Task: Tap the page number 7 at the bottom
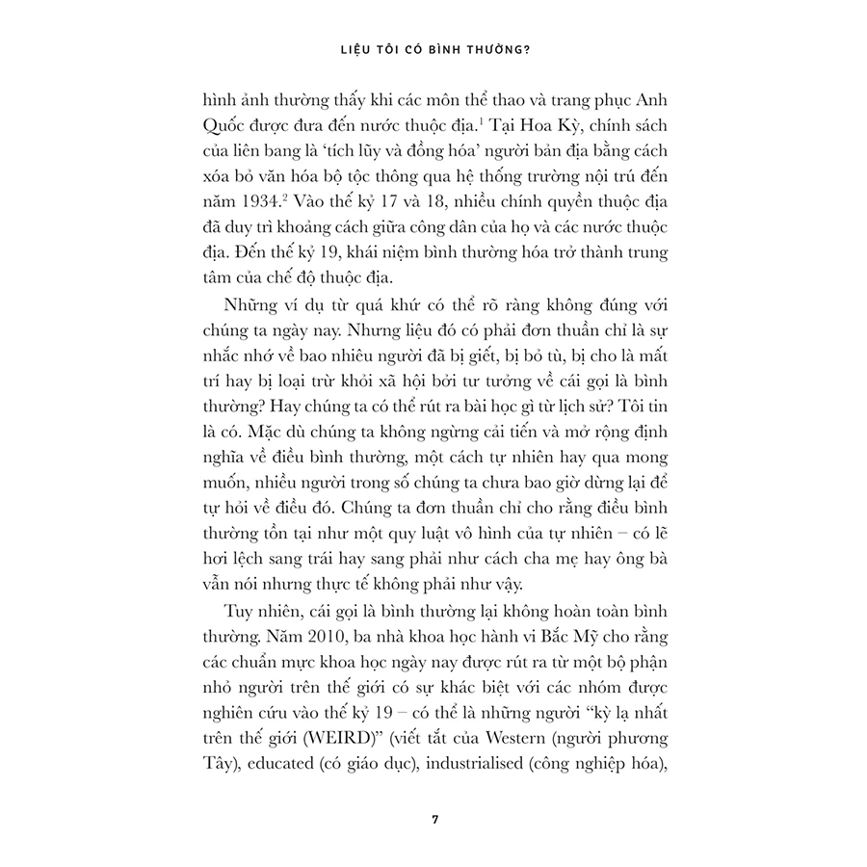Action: pyautogui.click(x=435, y=820)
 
